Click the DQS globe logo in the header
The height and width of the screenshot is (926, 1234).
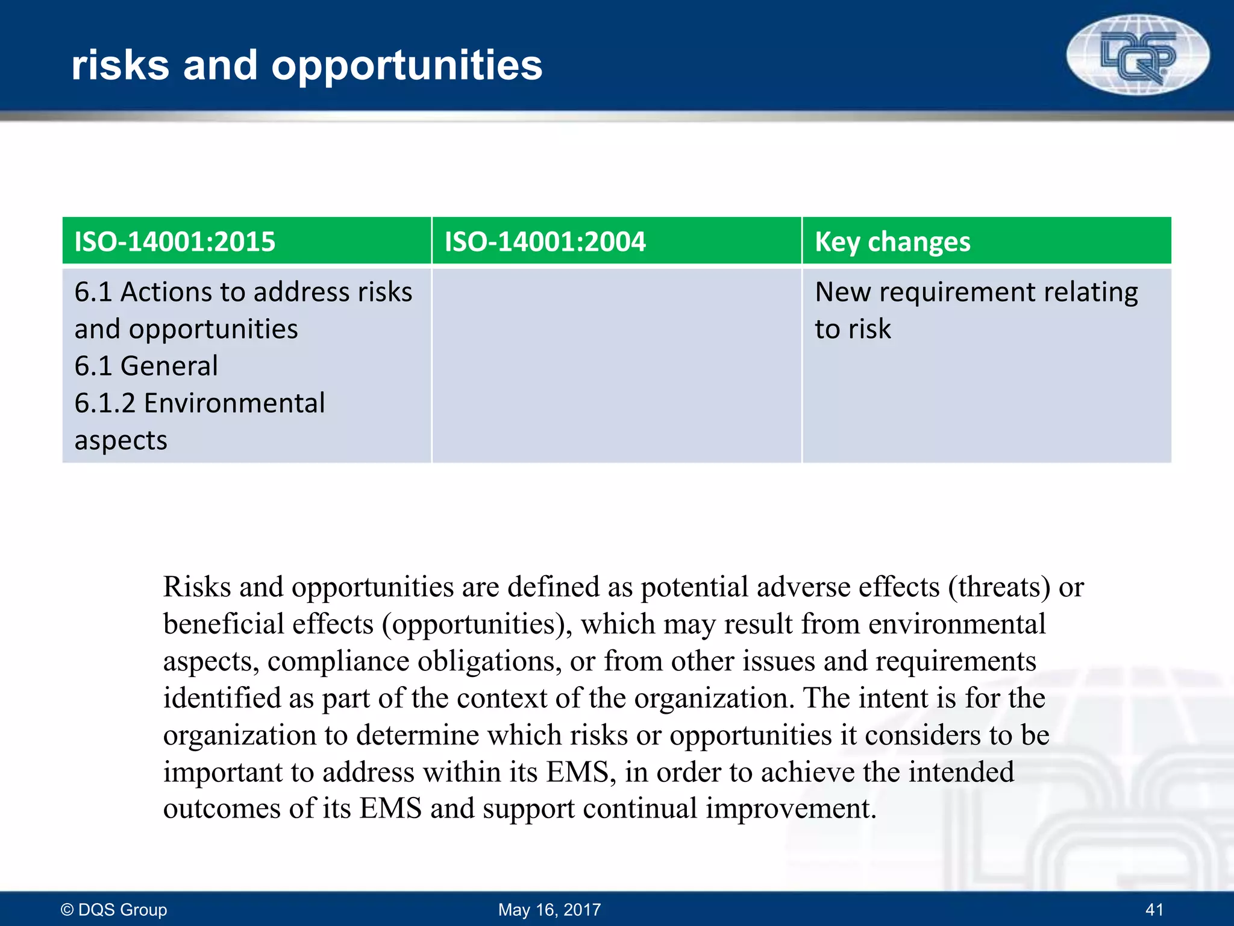coord(1138,54)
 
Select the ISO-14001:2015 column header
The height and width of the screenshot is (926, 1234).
coord(175,241)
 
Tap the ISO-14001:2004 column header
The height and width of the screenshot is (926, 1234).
coord(545,241)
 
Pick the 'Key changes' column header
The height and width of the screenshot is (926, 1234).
coord(892,241)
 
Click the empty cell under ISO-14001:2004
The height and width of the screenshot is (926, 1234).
coord(616,365)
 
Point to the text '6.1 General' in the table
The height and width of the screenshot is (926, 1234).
coord(146,366)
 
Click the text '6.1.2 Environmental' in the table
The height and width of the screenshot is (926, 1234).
coord(199,403)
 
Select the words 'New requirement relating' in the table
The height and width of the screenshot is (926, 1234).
coord(976,292)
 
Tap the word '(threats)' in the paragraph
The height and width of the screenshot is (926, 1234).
coord(999,587)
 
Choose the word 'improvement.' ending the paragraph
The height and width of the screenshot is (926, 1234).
coord(791,808)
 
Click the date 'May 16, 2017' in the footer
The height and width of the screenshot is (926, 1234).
coord(550,909)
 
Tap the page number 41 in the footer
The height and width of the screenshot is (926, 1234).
coord(1154,909)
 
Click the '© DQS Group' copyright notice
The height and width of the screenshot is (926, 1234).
coord(114,909)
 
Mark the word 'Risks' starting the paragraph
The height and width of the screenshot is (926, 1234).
coord(197,587)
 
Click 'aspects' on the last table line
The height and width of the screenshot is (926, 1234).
coord(121,440)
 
